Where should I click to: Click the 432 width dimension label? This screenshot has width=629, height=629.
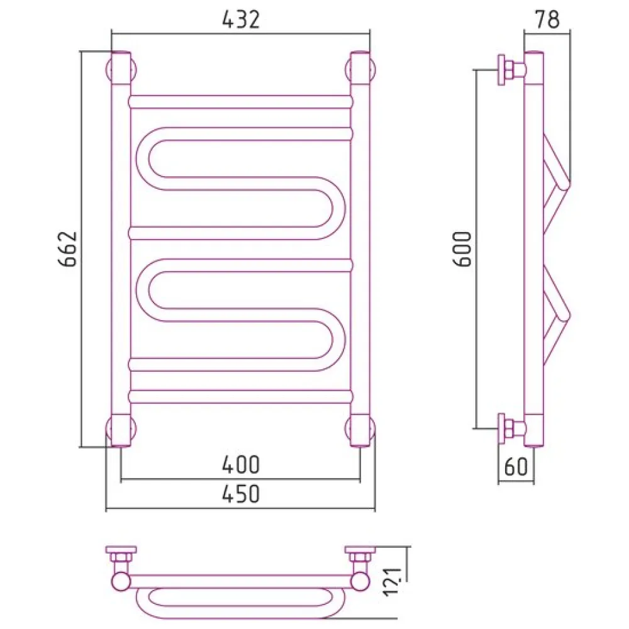241,19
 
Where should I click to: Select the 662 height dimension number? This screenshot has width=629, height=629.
68,248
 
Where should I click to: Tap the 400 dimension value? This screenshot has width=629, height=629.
241,465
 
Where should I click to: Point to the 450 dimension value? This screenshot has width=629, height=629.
241,494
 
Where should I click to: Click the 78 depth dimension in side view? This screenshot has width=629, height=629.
547,19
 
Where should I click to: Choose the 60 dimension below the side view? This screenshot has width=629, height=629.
516,466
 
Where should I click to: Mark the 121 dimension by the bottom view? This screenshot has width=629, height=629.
392,582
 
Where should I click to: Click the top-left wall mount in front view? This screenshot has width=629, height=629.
121,69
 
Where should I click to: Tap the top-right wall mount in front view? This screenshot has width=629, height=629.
360,69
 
